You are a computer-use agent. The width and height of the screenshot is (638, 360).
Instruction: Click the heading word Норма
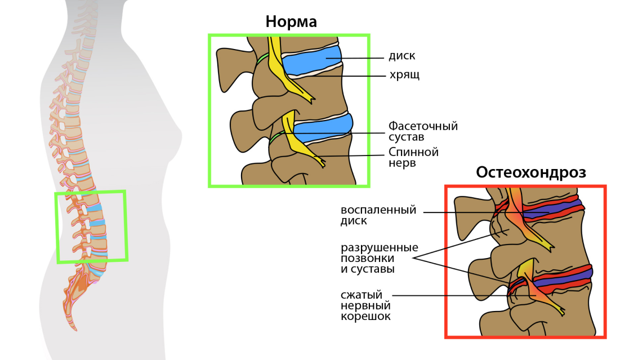pyautogui.click(x=291, y=21)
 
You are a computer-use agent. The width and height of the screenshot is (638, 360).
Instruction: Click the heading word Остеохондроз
pyautogui.click(x=530, y=172)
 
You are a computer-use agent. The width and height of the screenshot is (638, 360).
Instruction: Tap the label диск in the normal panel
pyautogui.click(x=401, y=56)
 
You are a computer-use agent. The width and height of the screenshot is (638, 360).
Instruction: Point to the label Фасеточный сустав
pyautogui.click(x=422, y=131)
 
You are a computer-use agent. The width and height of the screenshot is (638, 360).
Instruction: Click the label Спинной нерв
pyautogui.click(x=413, y=157)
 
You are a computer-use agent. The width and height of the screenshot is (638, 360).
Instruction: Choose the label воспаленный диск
pyautogui.click(x=378, y=215)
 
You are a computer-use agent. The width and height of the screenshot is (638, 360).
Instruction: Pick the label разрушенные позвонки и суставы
pyautogui.click(x=379, y=258)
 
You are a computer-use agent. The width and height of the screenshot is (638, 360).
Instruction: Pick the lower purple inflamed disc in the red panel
pyautogui.click(x=563, y=276)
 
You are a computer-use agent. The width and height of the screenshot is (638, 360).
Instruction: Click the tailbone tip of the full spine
pyautogui.click(x=72, y=328)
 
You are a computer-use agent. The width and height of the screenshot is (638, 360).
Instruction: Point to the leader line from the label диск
pyautogui.click(x=360, y=57)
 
